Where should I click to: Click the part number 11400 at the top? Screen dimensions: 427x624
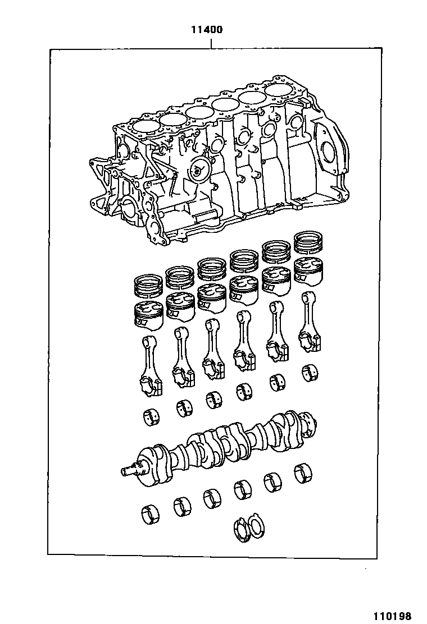point(207,30)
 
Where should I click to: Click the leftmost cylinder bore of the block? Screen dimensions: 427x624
point(143,126)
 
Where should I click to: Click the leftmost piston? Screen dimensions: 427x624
point(149,315)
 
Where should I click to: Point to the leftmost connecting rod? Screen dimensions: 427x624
point(151,366)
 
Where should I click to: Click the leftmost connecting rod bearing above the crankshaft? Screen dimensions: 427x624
point(151,417)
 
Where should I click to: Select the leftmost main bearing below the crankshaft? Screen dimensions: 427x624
point(150,513)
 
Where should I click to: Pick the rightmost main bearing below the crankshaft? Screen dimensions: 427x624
point(303,473)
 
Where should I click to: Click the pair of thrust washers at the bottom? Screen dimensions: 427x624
point(249,529)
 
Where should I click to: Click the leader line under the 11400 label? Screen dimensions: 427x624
point(211,42)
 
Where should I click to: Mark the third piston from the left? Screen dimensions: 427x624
point(212,298)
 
